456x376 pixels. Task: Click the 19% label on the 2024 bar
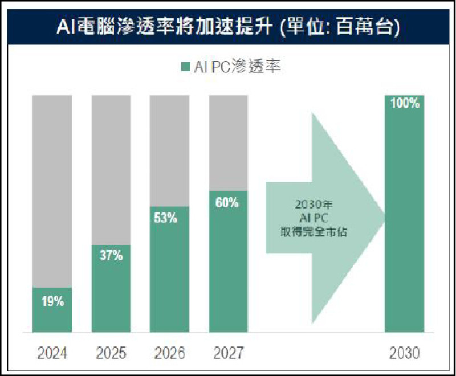pyautogui.click(x=52, y=301)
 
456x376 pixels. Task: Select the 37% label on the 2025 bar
pyautogui.click(x=111, y=256)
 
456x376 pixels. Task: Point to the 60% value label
pyautogui.click(x=227, y=202)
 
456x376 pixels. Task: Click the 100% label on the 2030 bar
pyautogui.click(x=405, y=104)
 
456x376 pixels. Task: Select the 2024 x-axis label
pyautogui.click(x=52, y=353)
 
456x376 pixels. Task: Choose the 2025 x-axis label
pyautogui.click(x=111, y=353)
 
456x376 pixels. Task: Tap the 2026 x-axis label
pyautogui.click(x=169, y=353)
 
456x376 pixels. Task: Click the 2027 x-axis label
pyautogui.click(x=228, y=353)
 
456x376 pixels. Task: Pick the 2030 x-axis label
pyautogui.click(x=405, y=353)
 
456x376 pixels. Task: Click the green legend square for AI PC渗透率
pyautogui.click(x=184, y=67)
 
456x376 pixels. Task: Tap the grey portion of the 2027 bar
pyautogui.click(x=228, y=142)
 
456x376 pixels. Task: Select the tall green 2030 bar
pyautogui.click(x=405, y=228)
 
